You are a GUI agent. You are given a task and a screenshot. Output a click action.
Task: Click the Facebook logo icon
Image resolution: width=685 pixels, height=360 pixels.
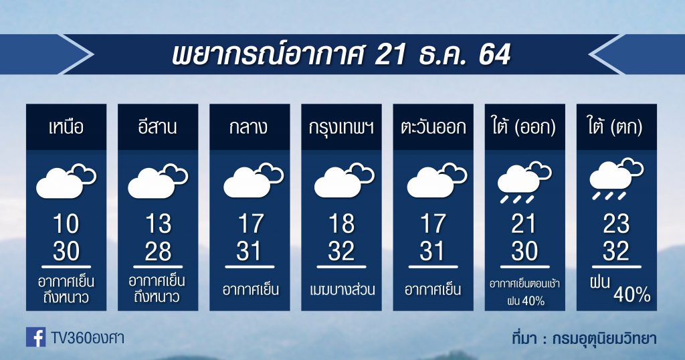tap(36, 337)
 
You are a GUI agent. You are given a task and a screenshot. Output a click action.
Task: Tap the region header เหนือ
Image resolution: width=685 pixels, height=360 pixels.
tap(66, 127)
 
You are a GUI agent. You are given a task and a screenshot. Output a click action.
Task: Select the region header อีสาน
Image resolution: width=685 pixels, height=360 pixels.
tap(158, 127)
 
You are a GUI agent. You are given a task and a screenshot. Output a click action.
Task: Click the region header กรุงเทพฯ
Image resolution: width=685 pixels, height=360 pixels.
tap(341, 128)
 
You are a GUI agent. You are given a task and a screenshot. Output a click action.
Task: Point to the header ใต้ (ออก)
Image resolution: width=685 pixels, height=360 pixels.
tap(524, 128)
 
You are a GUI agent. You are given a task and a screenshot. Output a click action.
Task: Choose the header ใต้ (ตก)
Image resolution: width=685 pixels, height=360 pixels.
tap(616, 128)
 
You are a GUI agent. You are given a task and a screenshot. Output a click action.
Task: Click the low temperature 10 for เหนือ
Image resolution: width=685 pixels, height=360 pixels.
tap(66, 224)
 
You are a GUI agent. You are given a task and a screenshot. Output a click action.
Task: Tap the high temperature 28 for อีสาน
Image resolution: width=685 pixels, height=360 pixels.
tap(158, 251)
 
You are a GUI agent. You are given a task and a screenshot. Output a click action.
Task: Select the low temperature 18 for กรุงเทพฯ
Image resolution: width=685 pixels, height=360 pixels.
tap(341, 224)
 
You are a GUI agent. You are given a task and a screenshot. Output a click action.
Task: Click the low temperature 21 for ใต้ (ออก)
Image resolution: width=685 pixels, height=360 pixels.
tap(524, 224)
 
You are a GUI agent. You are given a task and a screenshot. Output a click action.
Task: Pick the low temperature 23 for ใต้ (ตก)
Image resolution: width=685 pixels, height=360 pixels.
tap(616, 224)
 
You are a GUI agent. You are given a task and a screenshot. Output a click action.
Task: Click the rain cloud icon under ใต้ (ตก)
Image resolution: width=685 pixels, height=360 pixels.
tap(616, 179)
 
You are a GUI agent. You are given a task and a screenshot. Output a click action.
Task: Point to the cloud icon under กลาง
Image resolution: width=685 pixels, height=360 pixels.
tap(254, 179)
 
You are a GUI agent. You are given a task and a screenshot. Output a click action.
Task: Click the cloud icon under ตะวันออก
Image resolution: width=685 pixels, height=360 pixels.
tap(437, 179)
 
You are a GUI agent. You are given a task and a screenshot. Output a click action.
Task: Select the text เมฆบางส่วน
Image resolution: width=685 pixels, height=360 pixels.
tap(342, 290)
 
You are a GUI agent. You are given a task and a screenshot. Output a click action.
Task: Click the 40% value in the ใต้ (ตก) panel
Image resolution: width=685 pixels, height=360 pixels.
tap(632, 295)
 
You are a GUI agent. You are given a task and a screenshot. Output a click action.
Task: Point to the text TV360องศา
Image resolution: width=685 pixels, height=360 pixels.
tap(88, 338)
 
